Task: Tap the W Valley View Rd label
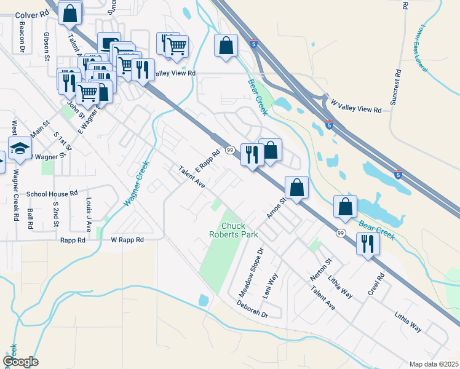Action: (x=356, y=106)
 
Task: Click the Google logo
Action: (x=20, y=362)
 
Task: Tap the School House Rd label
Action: (x=52, y=193)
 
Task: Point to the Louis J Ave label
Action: (x=89, y=215)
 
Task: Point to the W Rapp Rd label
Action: (x=127, y=240)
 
